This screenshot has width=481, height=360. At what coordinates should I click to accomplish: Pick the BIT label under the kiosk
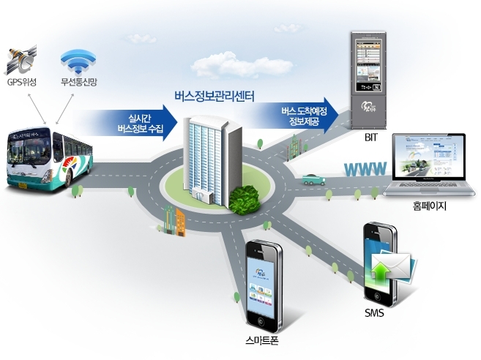click(x=369, y=138)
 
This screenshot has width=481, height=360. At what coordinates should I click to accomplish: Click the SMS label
click(x=374, y=314)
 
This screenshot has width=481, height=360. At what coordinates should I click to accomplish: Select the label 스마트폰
click(x=262, y=341)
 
